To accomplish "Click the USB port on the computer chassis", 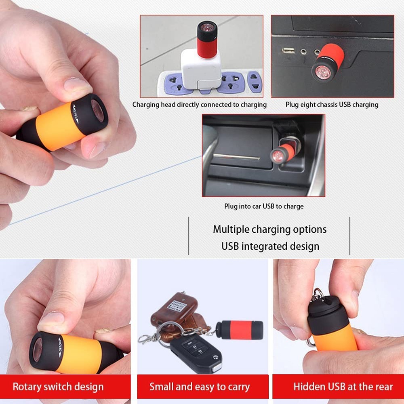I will (x=288, y=50).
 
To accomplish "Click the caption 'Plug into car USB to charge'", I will (x=264, y=206).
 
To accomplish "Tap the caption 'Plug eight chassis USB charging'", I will (x=332, y=105).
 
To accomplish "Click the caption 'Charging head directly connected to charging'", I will (x=200, y=105).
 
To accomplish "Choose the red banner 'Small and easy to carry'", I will (x=200, y=387).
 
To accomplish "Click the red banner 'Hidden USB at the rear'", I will (x=343, y=387).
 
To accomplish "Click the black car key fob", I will (x=196, y=351).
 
